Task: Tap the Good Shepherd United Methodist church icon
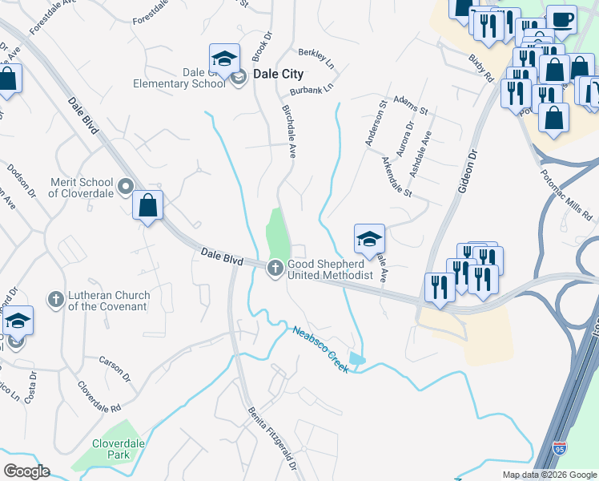coord(275,269)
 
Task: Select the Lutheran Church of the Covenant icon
coord(56,300)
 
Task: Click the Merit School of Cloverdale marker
coord(125,187)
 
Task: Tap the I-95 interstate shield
coord(561,448)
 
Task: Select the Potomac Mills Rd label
coord(565,194)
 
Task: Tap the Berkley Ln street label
coord(315,55)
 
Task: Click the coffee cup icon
coord(561,18)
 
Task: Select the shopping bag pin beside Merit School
coord(148,206)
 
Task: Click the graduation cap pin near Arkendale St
coord(369,238)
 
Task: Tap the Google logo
coord(26,471)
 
